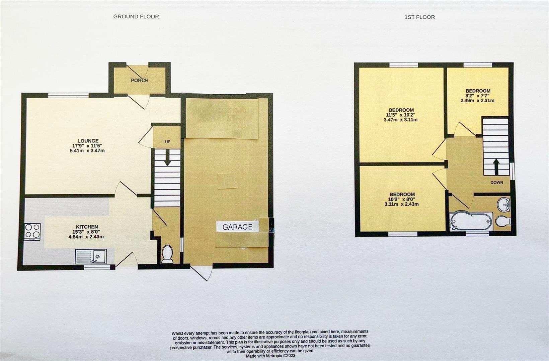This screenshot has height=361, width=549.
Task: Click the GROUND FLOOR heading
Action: tap(136, 16)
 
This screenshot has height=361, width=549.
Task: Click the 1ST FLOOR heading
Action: tap(419, 17)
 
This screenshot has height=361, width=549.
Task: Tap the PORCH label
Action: tap(140, 81)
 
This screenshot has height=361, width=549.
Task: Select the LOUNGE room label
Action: tap(88, 141)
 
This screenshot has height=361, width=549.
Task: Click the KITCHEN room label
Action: tap(87, 227)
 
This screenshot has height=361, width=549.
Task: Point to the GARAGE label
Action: tap(237, 227)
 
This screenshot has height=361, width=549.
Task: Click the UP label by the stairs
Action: tap(168, 142)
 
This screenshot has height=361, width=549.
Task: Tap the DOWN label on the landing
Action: tap(496, 183)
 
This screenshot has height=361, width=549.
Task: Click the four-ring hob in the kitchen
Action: tap(32, 231)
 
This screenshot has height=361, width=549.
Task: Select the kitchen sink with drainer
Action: tap(91, 257)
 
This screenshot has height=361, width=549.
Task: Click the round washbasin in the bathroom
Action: tap(503, 204)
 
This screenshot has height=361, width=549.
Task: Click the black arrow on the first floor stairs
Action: tap(496, 166)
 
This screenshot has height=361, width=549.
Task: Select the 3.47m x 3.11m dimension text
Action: tap(401, 120)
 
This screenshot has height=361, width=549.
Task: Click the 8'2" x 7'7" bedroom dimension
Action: tap(478, 96)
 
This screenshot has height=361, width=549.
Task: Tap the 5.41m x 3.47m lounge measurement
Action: tap(87, 151)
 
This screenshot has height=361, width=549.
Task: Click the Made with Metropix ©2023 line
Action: tap(270, 356)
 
